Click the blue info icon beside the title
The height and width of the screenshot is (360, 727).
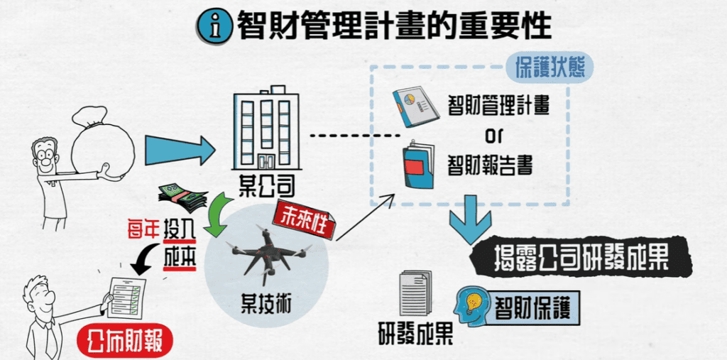tap(214, 27)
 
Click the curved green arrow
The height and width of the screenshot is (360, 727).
tap(218, 217)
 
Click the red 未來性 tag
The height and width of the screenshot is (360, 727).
tap(303, 216)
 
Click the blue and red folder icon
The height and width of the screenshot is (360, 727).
tap(418, 167)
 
